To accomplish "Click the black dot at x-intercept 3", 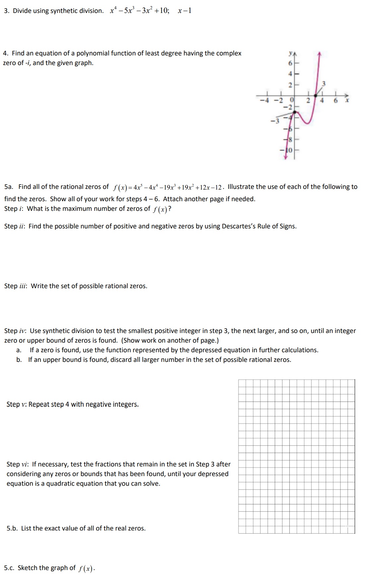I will (315, 95).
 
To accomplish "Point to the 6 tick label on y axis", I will (290, 63).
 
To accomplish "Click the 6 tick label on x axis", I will (336, 100).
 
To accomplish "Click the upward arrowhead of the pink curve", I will (319, 53).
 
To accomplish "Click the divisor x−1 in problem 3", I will (185, 11).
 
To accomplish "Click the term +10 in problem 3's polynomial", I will (161, 11).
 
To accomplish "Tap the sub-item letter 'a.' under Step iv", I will (19, 350).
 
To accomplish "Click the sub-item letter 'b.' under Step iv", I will (19, 360).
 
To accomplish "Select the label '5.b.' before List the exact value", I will (12, 529).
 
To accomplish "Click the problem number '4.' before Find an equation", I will (6, 53).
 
